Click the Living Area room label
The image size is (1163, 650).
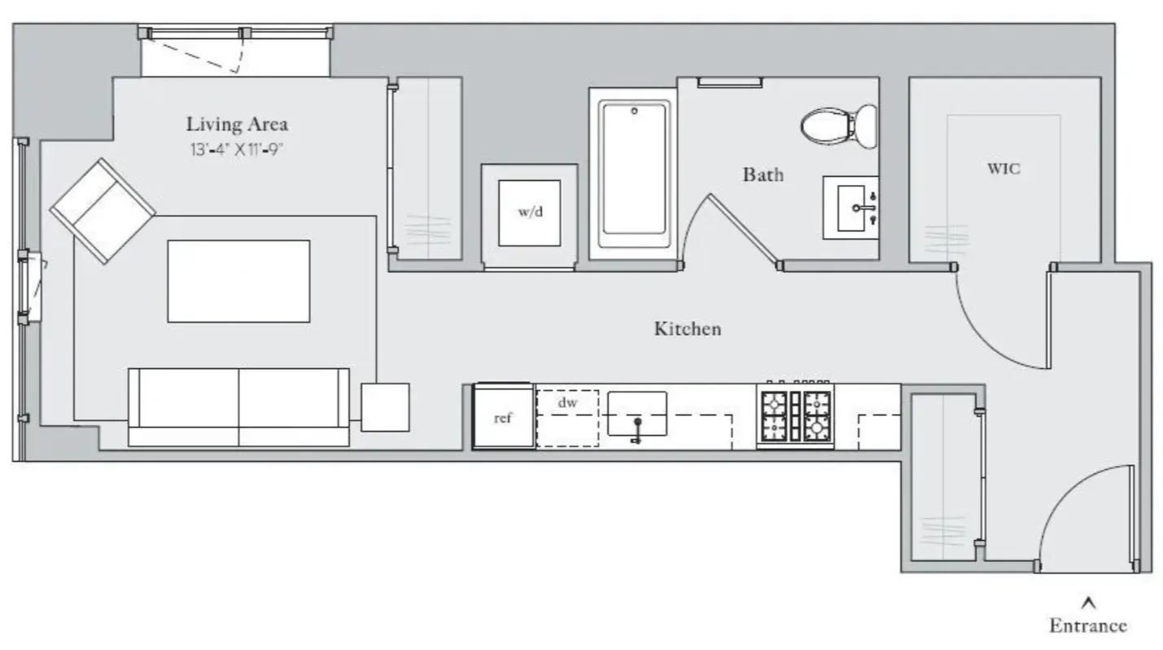pos(237,125)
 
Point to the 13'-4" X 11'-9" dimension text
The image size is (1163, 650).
pos(237,150)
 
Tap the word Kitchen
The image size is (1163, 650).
pos(688,329)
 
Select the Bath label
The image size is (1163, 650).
pos(763,174)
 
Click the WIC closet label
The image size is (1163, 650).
pos(1003,169)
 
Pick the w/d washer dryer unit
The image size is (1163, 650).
pos(529,213)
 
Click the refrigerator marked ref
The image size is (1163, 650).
pos(504,417)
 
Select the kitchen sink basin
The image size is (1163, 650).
pos(637,414)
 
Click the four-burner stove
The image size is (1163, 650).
pos(795,415)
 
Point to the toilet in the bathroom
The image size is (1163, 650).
pos(838,125)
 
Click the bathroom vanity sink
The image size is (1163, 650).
pos(850,208)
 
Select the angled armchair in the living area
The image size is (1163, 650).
pos(103,211)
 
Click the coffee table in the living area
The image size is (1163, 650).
pos(238,281)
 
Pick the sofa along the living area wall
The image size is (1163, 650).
pos(238,406)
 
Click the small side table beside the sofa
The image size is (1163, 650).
pos(385,406)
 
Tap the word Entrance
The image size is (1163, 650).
pos(1088,626)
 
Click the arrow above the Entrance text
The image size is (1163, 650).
pos(1089,604)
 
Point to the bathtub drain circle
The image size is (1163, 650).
pos(634,110)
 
